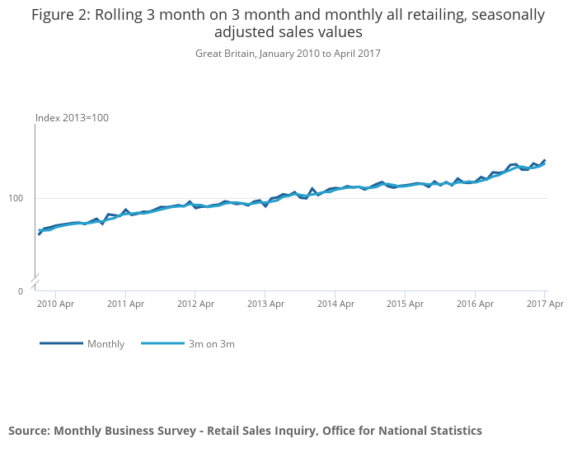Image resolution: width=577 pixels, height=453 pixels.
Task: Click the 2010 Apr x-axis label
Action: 55,304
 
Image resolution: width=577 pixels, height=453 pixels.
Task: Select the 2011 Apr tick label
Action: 125,304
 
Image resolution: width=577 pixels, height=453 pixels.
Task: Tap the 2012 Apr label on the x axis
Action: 195,304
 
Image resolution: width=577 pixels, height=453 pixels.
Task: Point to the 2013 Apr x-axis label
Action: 265,304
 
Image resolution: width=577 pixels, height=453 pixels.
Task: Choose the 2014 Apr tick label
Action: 335,304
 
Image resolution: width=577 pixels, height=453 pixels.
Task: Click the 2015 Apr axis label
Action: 405,304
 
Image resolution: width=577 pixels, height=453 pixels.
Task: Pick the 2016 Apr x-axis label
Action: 474,304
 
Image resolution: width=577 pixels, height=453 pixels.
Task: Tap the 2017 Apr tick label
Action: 544,304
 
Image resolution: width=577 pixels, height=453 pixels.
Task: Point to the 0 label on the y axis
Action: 21,291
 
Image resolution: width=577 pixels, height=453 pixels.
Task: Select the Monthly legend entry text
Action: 106,344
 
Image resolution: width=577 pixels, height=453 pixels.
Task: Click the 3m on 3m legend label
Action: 211,344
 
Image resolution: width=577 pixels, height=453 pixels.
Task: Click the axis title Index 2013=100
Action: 72,118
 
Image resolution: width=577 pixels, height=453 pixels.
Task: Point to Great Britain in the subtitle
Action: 226,54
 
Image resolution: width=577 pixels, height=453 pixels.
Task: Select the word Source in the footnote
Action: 29,431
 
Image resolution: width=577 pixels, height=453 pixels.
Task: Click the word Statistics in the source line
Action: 451,431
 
